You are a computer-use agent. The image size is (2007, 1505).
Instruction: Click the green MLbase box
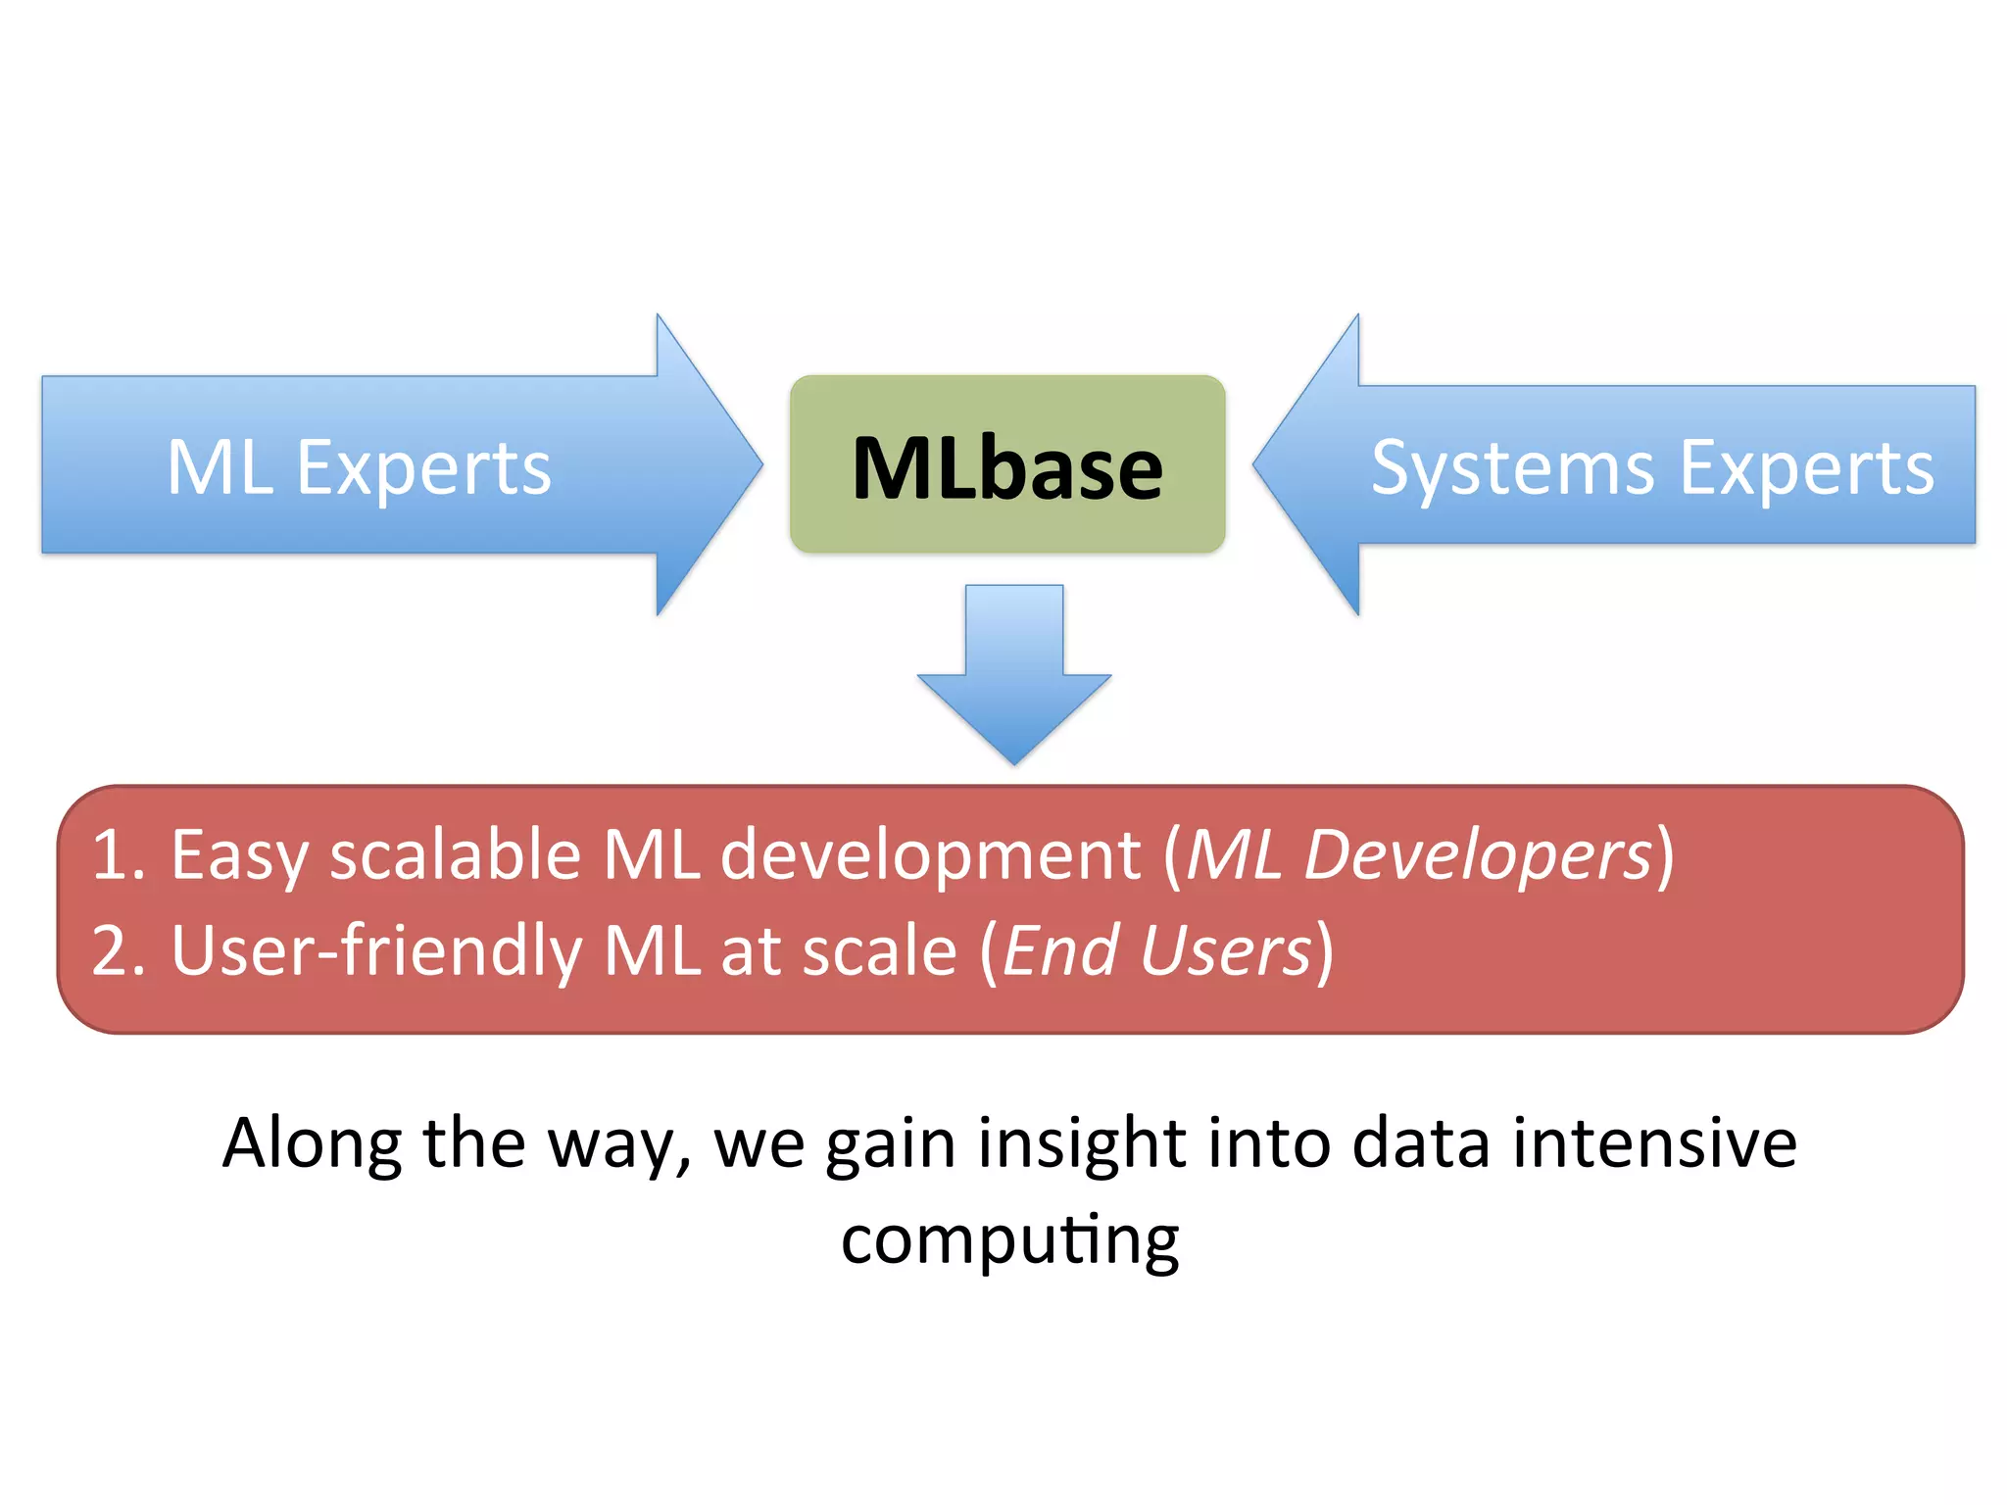tap(1007, 464)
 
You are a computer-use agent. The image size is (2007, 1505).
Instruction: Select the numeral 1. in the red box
tap(119, 854)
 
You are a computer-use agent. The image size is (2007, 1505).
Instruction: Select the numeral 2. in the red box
tap(119, 950)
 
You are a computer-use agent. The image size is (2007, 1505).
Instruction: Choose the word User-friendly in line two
tap(376, 950)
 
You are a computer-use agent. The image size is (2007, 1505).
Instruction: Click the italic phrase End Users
tap(1156, 950)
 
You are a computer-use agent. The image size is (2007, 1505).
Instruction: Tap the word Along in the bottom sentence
tap(312, 1143)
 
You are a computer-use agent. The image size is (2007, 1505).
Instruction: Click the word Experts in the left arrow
tap(423, 468)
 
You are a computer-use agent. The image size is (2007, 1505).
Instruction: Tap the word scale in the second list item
tap(879, 950)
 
